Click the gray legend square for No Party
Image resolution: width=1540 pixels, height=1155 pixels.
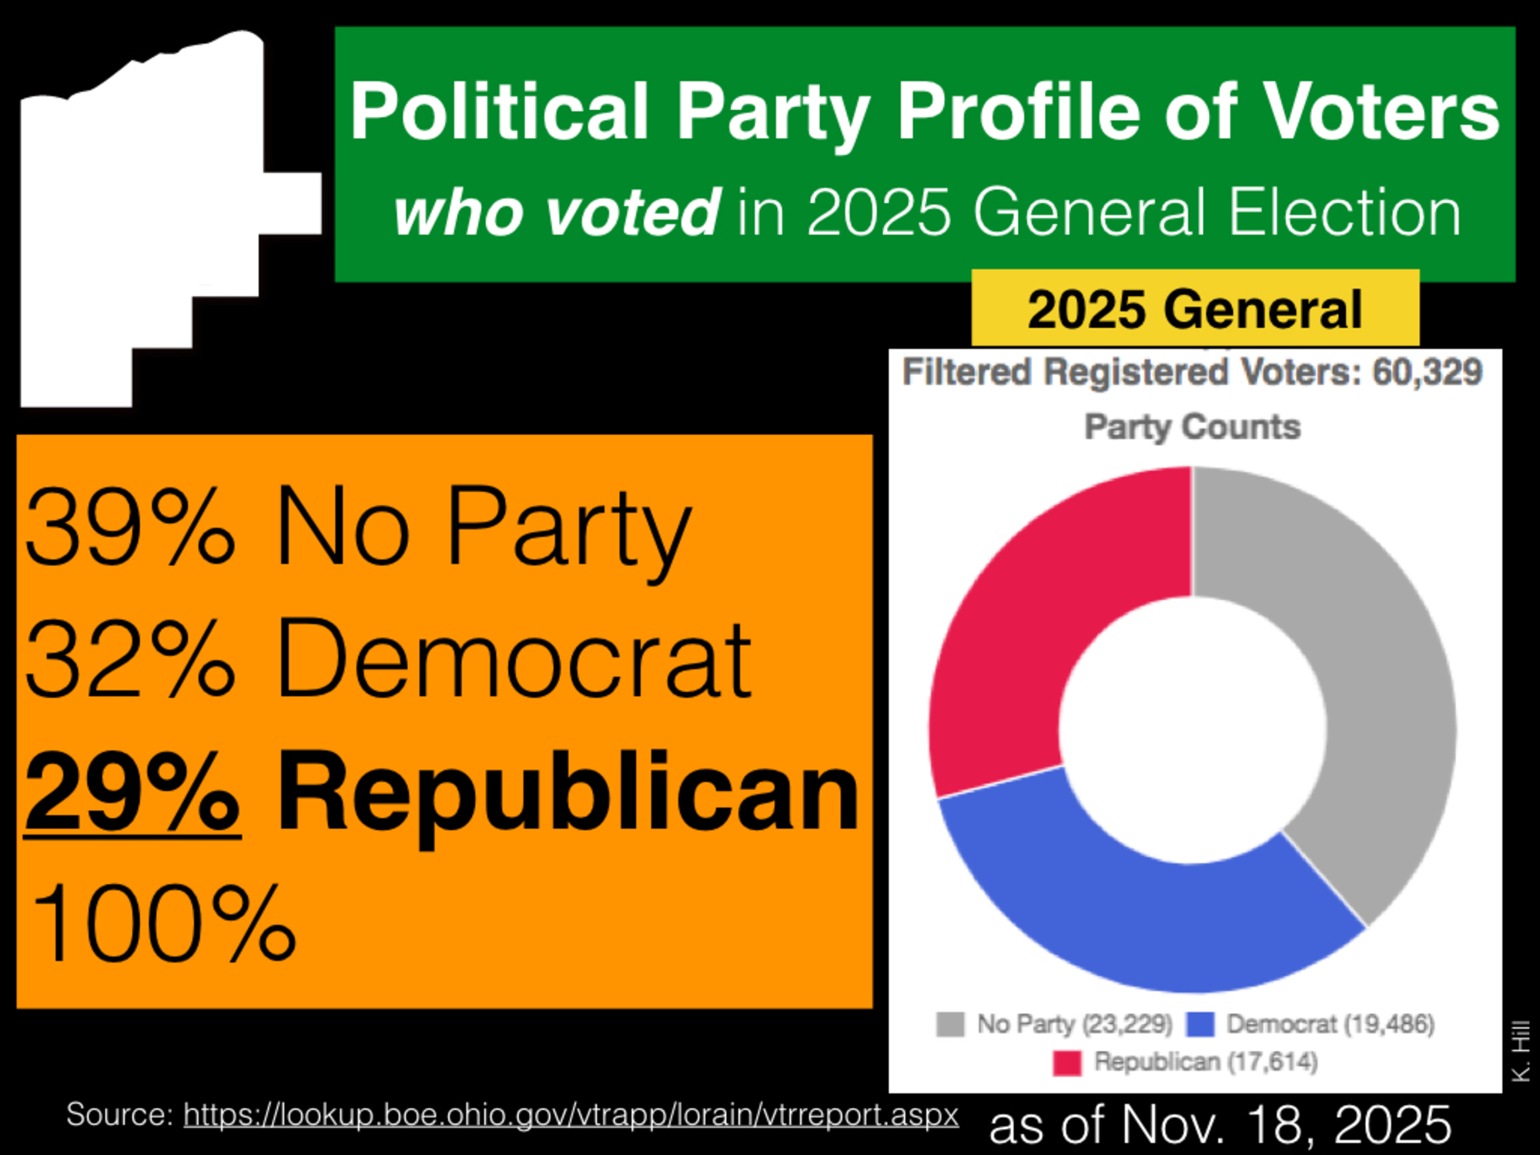click(950, 1024)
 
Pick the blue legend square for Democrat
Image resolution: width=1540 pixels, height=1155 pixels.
click(1200, 1024)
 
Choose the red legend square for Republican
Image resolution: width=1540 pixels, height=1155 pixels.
click(1067, 1063)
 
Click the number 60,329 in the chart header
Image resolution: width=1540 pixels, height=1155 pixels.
click(1428, 372)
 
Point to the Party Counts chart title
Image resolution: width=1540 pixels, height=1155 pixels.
click(1192, 427)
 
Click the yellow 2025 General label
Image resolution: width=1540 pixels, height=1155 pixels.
click(1195, 309)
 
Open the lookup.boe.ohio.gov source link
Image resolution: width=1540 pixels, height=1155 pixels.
click(571, 1114)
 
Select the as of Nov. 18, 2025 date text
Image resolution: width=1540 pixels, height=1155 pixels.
click(1220, 1124)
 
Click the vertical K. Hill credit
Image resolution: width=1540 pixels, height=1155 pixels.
click(1521, 1051)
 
